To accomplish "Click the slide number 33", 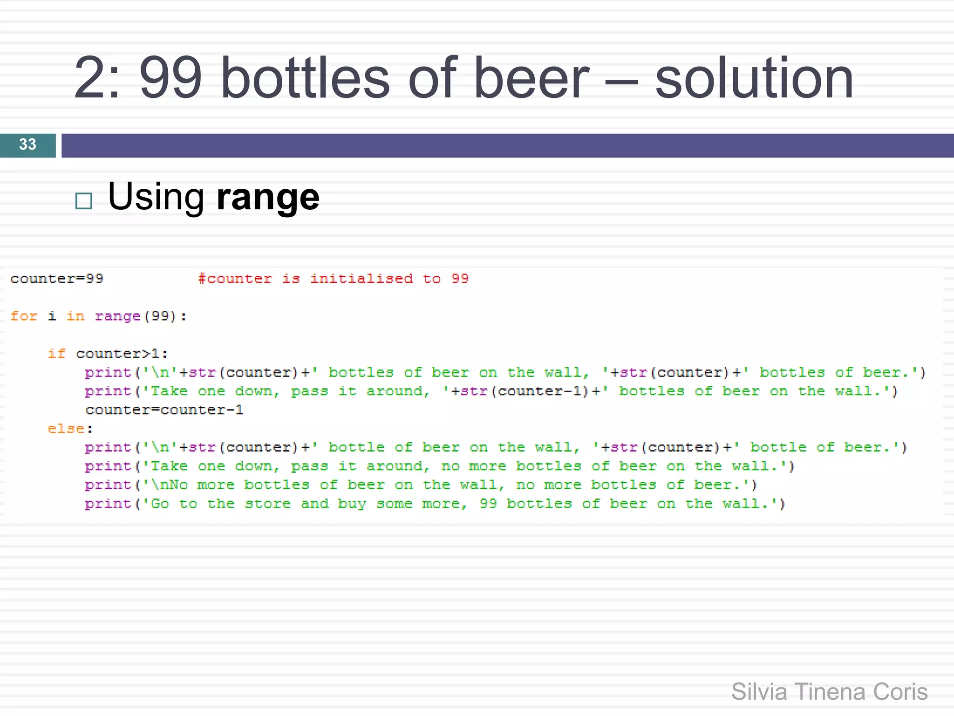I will [27, 145].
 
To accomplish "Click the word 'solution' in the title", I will [754, 78].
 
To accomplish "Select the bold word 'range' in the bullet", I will [268, 197].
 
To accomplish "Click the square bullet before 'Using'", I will [84, 201].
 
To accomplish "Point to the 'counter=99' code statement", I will [57, 279].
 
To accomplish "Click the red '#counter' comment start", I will [235, 279].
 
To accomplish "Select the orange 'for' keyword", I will [24, 316].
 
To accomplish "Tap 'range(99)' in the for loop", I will [136, 316].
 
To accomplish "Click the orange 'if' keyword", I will [56, 353].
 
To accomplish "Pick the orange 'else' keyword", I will [66, 428].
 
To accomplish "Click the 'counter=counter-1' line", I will [164, 410].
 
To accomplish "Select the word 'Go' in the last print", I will [160, 503].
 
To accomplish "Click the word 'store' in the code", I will [267, 503].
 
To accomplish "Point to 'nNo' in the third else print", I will [174, 485].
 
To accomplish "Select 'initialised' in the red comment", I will [361, 279].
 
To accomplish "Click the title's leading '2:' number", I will [97, 78].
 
